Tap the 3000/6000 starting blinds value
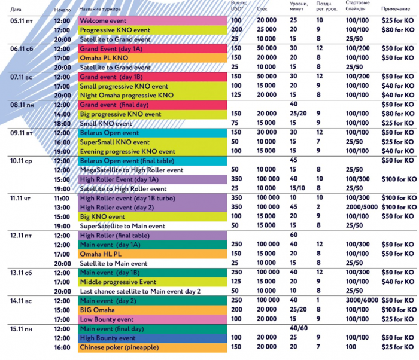[361, 300]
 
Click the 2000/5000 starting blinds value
[361, 207]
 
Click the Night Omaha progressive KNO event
[126, 95]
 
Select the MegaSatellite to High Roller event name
[132, 170]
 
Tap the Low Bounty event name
[106, 319]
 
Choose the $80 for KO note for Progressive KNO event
[397, 30]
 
